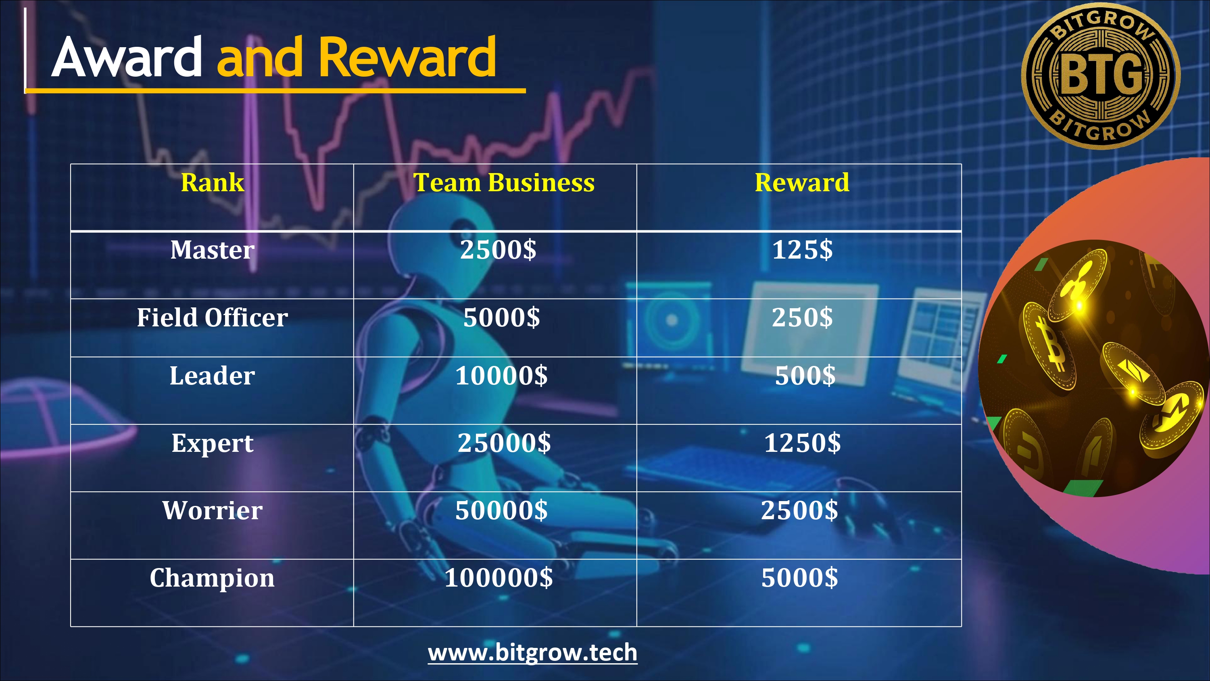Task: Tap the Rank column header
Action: tap(212, 182)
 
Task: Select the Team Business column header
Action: tap(504, 182)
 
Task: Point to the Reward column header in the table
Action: tap(802, 182)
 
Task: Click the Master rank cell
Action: tap(212, 250)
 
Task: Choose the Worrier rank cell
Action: tap(212, 510)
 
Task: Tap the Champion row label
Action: tap(212, 578)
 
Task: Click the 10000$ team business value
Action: tap(501, 376)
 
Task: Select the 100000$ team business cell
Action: tap(499, 578)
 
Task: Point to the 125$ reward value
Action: tap(802, 250)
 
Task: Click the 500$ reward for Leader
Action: tap(805, 376)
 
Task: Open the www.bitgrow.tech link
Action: tap(533, 653)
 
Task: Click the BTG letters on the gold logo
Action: tap(1101, 74)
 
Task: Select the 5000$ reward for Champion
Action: tap(799, 578)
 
